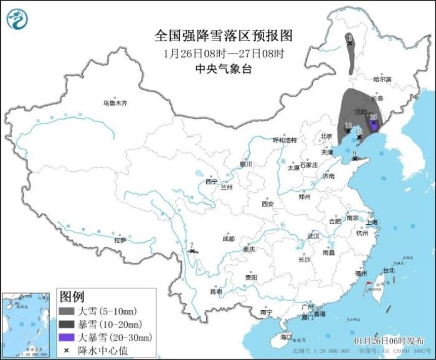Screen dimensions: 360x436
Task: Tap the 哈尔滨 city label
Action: [382, 80]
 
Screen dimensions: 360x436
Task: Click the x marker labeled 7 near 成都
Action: [192, 251]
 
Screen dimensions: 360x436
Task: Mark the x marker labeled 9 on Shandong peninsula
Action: [355, 158]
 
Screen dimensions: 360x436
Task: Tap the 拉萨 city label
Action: [120, 240]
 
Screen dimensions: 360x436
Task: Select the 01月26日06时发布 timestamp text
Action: [387, 341]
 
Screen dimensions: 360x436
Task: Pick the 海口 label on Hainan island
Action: [286, 337]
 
